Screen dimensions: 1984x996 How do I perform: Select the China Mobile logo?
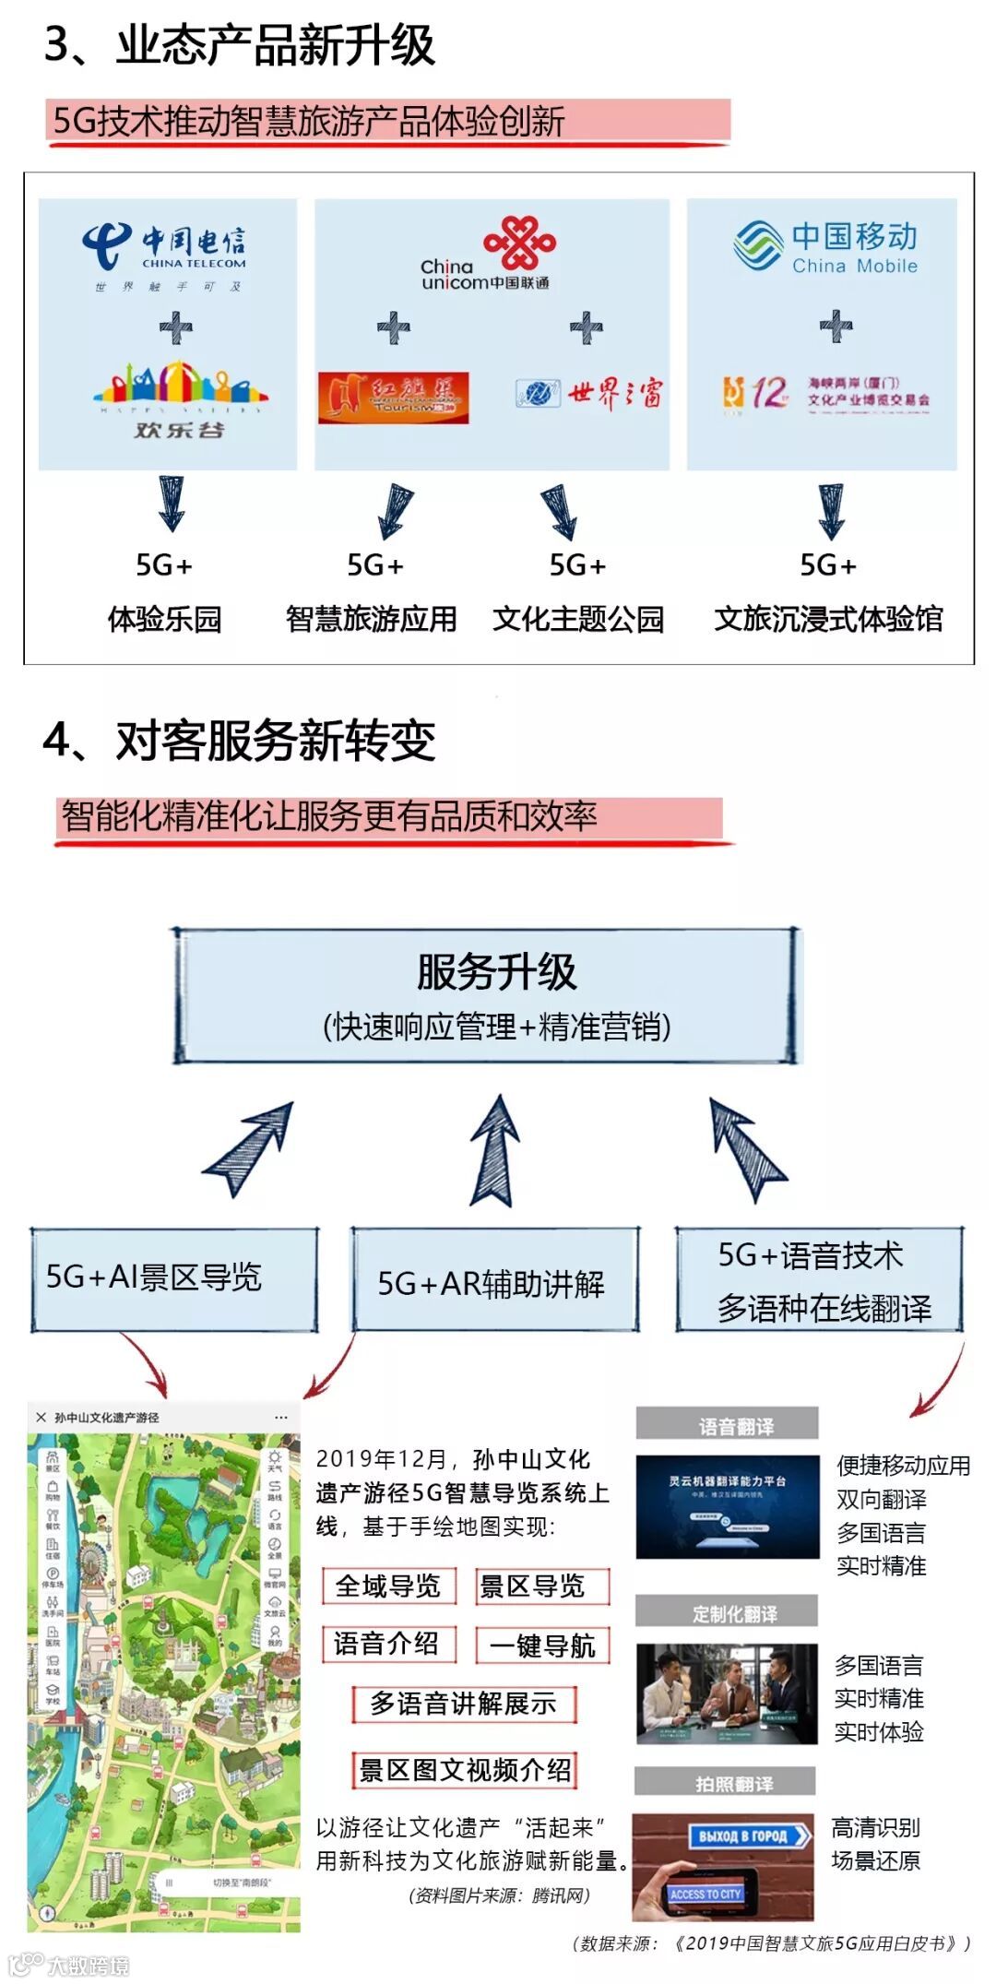click(825, 247)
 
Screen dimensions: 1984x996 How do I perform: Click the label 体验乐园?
click(164, 618)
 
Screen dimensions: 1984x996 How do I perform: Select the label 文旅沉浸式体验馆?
click(828, 618)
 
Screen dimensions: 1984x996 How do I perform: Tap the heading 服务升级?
click(496, 972)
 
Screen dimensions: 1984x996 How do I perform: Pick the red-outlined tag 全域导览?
click(388, 1586)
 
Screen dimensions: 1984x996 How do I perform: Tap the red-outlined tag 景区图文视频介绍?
click(465, 1769)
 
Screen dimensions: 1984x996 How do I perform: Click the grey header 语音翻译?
click(728, 1426)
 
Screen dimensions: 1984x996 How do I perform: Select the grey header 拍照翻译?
click(726, 1783)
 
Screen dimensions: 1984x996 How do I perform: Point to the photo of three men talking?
click(727, 1694)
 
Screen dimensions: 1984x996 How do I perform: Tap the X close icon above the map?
click(41, 1417)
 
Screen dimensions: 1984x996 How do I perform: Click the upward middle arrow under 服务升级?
click(495, 1151)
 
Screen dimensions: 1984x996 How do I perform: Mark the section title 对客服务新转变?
click(275, 741)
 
